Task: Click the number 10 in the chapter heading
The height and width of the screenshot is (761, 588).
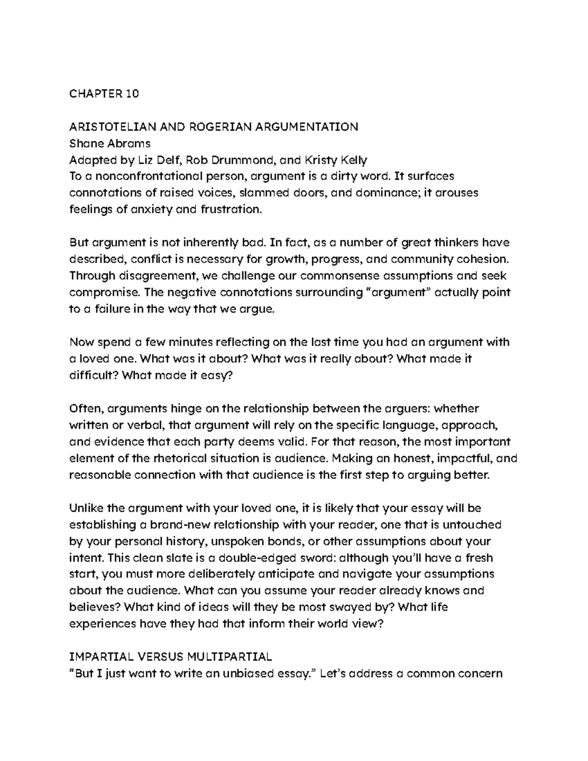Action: click(x=132, y=94)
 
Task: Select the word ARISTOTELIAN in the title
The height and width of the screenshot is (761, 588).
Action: click(x=112, y=127)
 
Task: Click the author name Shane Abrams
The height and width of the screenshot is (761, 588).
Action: click(x=110, y=144)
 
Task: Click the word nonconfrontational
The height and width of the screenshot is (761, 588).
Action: click(x=144, y=176)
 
